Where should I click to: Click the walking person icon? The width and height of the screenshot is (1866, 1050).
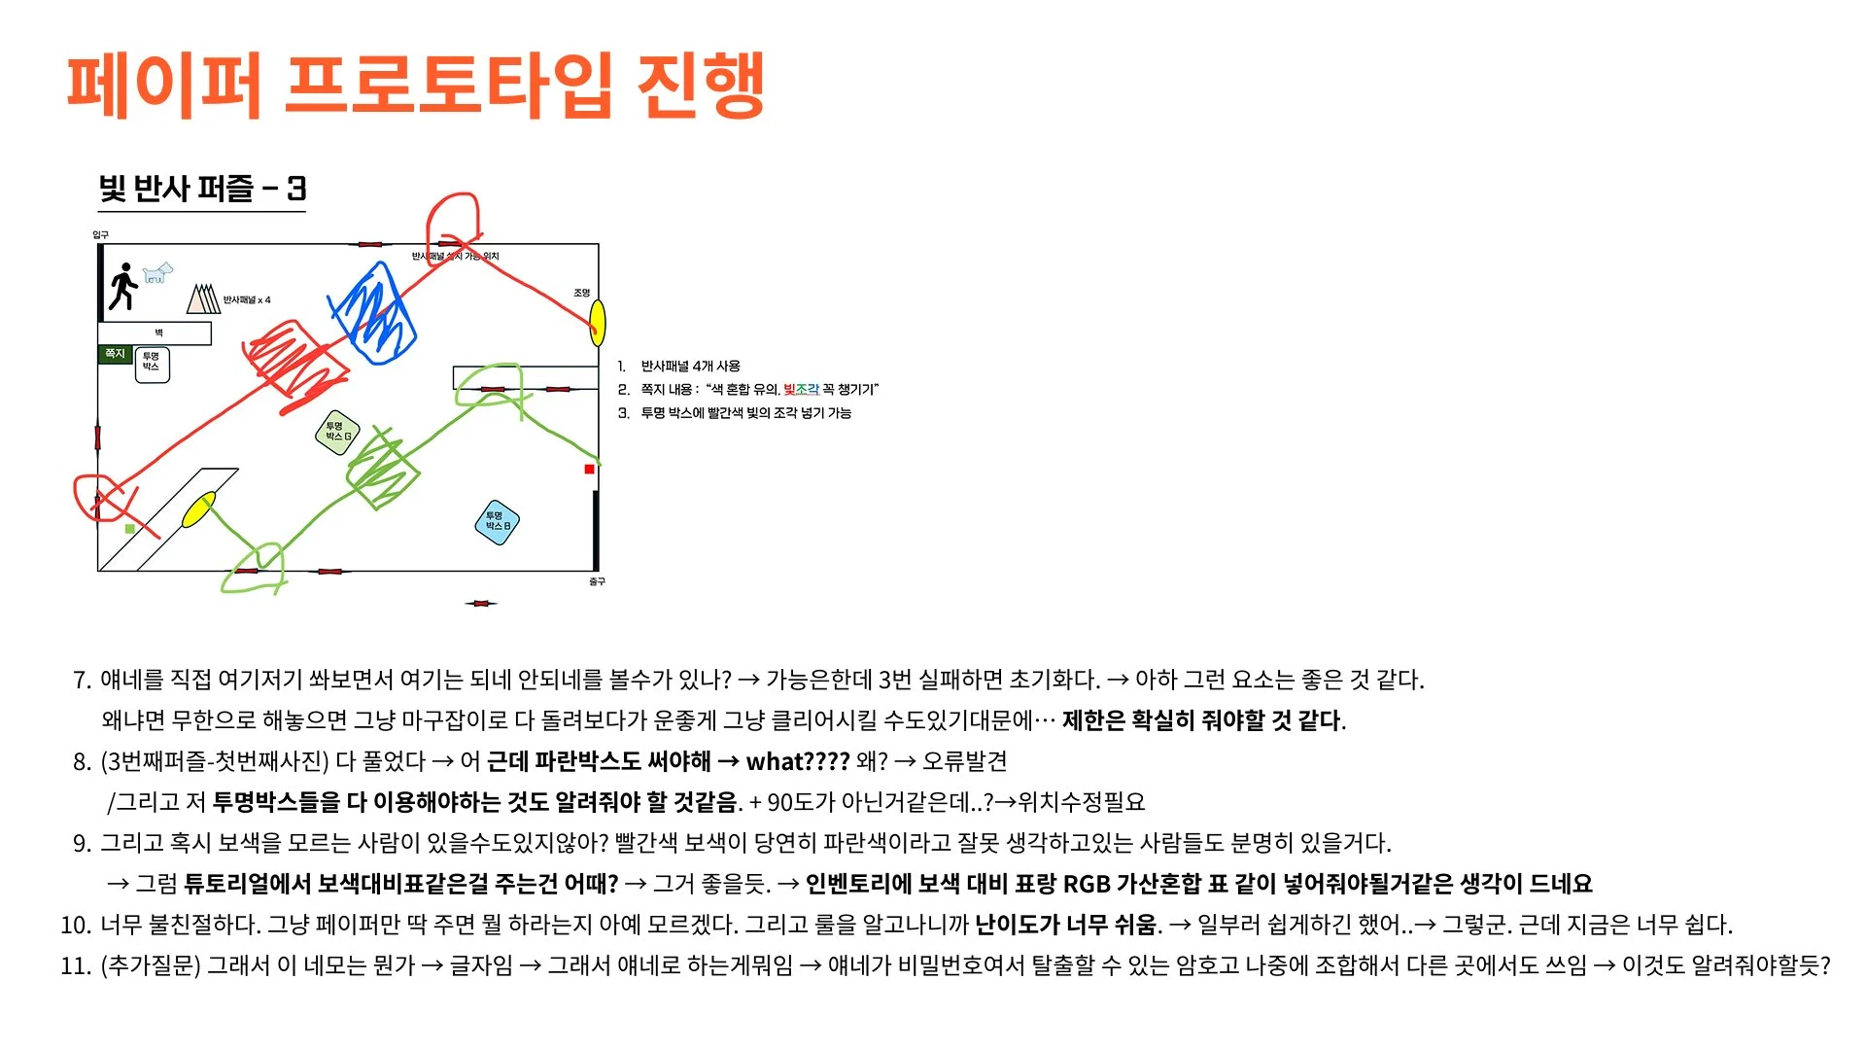(123, 286)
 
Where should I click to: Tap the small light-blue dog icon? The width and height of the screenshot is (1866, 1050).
(157, 272)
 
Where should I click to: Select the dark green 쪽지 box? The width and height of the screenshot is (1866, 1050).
(115, 354)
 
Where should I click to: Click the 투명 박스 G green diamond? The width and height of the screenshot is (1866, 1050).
(337, 432)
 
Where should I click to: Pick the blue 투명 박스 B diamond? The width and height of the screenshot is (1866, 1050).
(497, 521)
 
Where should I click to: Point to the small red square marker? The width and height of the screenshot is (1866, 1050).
(589, 470)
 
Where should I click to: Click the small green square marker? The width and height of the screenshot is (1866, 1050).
(130, 529)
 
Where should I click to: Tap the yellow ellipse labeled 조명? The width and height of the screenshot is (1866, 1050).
(598, 323)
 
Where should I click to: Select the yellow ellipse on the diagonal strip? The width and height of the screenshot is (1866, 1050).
(198, 509)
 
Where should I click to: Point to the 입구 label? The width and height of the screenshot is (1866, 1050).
(100, 234)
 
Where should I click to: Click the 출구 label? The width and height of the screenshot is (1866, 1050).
(597, 581)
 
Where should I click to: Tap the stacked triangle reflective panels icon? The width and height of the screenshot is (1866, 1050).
(203, 298)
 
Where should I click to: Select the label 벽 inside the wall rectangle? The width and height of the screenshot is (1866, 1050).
(158, 332)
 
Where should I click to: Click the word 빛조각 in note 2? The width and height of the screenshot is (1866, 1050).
(801, 389)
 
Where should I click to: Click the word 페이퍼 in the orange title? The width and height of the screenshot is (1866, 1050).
(163, 86)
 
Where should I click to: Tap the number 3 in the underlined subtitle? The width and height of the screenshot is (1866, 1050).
(296, 188)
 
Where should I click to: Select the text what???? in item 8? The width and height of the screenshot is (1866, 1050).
(797, 761)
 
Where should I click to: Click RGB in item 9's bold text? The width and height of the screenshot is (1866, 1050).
(1087, 884)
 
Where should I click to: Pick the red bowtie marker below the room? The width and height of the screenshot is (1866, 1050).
(480, 604)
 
